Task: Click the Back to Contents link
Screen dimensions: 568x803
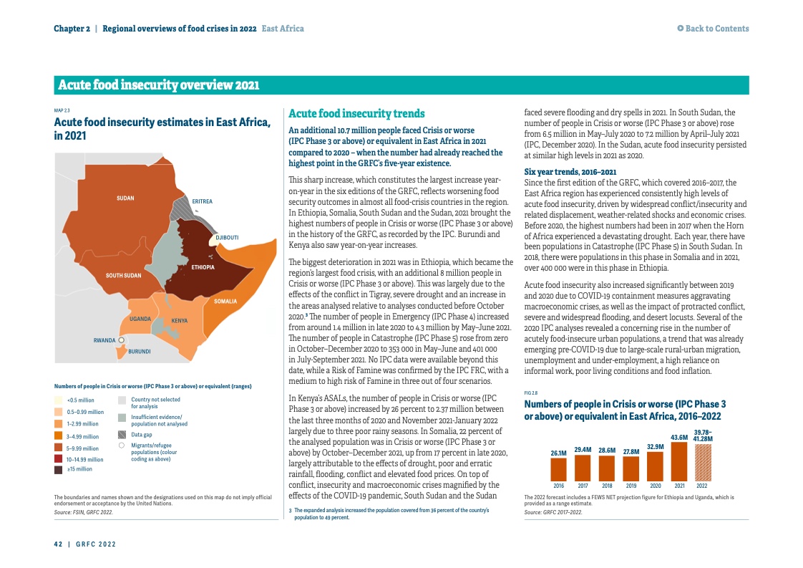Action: (x=714, y=29)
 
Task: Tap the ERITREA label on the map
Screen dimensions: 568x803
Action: (x=202, y=201)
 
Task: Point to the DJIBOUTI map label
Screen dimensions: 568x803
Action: (x=227, y=237)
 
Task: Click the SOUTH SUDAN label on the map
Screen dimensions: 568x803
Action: (x=123, y=275)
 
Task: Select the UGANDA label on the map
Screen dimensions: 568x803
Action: (x=139, y=317)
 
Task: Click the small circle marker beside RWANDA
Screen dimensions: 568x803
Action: (x=122, y=340)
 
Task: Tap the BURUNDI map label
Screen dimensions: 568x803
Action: (x=139, y=352)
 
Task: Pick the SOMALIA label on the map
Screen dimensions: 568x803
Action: (x=225, y=302)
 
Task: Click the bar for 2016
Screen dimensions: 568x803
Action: (x=559, y=468)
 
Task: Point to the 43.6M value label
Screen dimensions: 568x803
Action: (x=678, y=437)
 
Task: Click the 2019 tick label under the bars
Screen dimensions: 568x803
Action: (x=631, y=486)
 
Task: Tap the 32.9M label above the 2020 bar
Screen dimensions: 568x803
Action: (x=655, y=446)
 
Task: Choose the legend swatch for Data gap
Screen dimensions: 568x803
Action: (x=122, y=434)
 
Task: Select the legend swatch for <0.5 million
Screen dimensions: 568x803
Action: (x=59, y=400)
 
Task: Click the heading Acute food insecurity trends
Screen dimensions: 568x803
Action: (x=356, y=114)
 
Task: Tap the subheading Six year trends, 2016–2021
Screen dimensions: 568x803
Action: (x=570, y=172)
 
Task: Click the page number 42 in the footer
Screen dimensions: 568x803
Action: (x=58, y=544)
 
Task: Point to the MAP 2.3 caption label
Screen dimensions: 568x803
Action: (x=62, y=110)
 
